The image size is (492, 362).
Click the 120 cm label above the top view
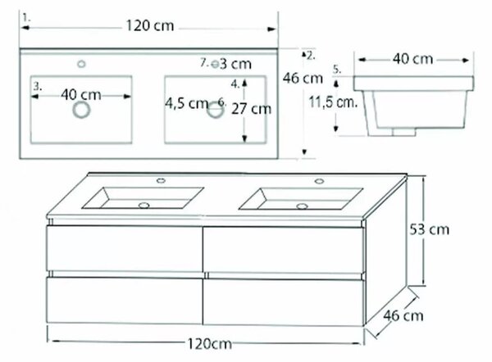[x=150, y=25]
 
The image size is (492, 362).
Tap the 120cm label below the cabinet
[x=210, y=344]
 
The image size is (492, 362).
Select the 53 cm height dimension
[x=429, y=229]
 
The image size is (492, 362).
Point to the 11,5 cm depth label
[x=333, y=102]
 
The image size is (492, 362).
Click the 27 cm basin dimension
[x=252, y=109]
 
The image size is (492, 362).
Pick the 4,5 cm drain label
[x=187, y=103]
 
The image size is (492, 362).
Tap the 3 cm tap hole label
[x=235, y=64]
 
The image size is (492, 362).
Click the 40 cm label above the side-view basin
[x=413, y=59]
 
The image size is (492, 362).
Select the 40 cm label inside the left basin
[x=81, y=95]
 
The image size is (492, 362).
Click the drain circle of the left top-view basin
[x=81, y=110]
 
